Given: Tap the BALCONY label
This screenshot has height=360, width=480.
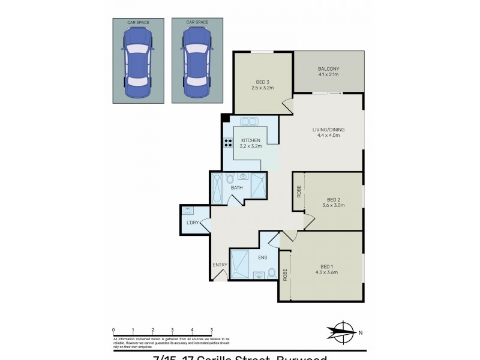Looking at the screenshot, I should click(328, 69).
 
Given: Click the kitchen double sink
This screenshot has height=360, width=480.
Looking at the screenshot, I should click(250, 122).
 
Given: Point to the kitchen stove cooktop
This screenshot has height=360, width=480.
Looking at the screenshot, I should click(229, 143).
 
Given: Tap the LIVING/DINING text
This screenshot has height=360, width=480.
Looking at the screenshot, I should click(328, 129).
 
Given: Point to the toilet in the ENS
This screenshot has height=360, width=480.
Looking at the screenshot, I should click(272, 274).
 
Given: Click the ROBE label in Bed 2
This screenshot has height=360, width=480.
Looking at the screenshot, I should click(299, 192).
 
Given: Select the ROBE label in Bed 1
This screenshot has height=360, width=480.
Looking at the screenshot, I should click(285, 275).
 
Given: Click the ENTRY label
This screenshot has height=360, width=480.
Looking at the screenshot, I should click(219, 265).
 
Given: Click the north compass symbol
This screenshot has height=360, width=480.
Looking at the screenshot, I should click(344, 331).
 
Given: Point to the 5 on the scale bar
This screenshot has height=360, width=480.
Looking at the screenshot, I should click(211, 329).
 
